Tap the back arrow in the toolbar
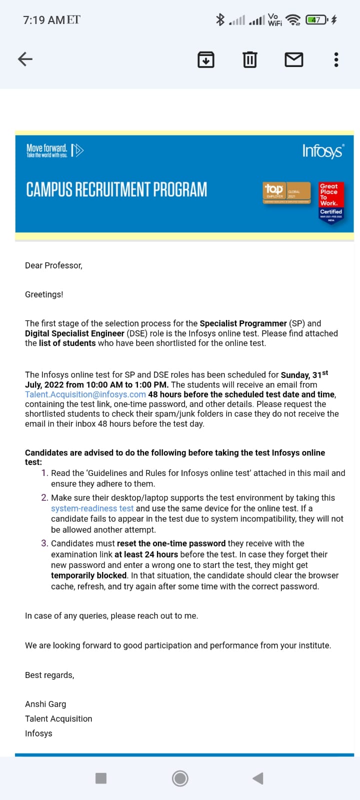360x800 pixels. click(25, 59)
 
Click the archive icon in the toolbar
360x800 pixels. click(206, 59)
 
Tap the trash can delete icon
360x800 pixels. click(249, 59)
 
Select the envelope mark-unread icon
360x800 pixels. click(293, 59)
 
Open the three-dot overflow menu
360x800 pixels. click(336, 59)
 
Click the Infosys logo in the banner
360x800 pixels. click(323, 150)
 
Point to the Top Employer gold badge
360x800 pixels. click(286, 192)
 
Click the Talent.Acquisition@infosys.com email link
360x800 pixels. click(85, 394)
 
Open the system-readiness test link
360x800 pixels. click(92, 508)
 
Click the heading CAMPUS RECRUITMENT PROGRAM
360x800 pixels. click(116, 190)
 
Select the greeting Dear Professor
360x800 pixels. click(53, 265)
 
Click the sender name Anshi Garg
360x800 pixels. click(45, 704)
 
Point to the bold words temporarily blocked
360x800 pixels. click(88, 575)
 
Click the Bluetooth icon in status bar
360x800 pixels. click(220, 19)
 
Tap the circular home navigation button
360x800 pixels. click(180, 778)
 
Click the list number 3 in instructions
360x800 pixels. click(44, 543)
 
